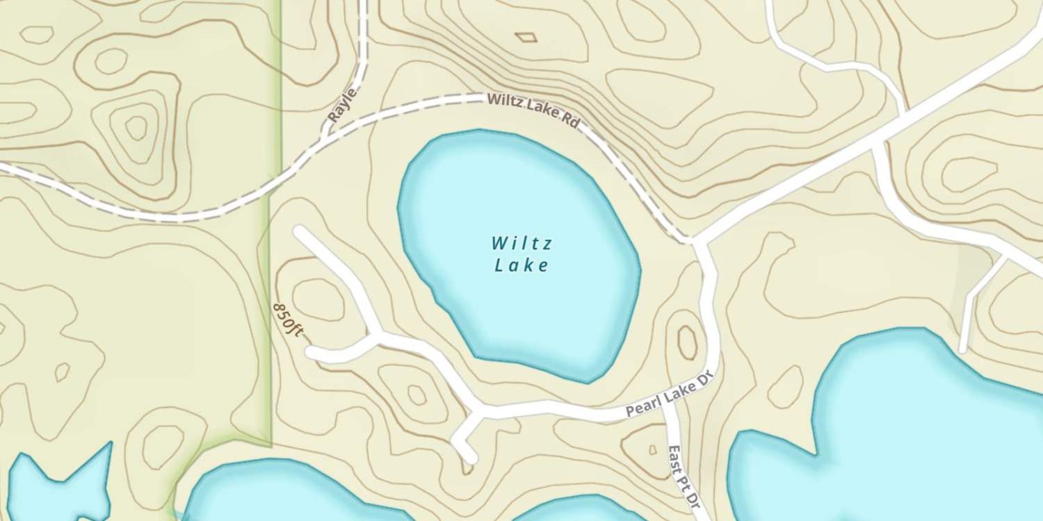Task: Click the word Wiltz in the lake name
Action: click(521, 243)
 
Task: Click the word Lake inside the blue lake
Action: click(521, 265)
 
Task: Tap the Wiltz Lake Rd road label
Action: click(533, 110)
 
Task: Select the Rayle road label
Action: click(342, 106)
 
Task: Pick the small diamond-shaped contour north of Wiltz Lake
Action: click(526, 37)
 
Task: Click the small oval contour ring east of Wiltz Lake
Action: click(687, 342)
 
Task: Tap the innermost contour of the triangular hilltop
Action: click(136, 128)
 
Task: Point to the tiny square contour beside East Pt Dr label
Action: click(652, 449)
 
